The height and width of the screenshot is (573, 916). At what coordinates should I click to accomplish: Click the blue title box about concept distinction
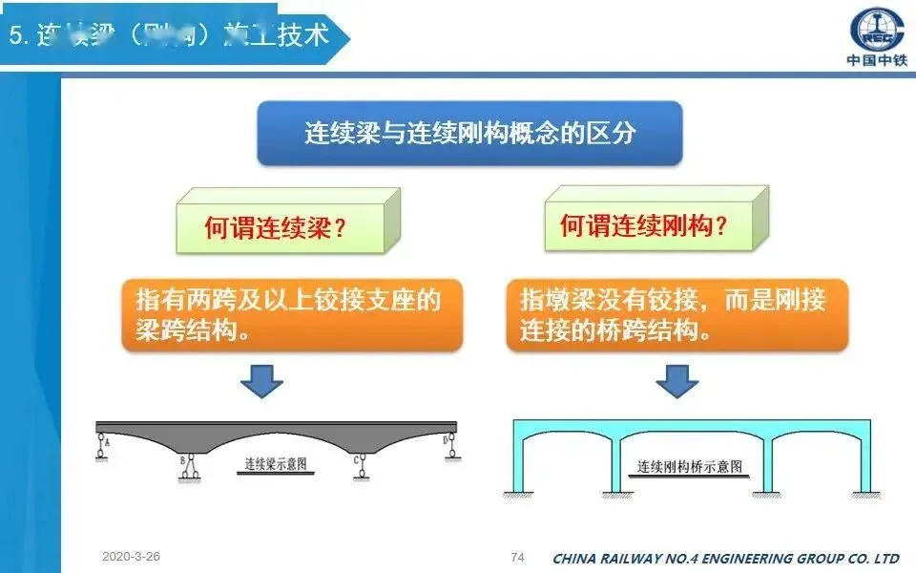(x=469, y=133)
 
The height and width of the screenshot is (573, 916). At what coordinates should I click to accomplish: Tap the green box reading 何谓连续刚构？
(x=644, y=226)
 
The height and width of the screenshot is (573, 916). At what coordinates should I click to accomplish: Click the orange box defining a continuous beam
(x=292, y=314)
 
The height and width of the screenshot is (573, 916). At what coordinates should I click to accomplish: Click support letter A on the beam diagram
(x=107, y=442)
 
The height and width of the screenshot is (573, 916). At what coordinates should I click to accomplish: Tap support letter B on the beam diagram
(x=182, y=461)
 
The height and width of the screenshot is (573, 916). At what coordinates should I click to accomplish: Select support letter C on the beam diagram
(x=355, y=460)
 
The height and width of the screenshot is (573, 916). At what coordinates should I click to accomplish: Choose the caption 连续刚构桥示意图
(x=690, y=468)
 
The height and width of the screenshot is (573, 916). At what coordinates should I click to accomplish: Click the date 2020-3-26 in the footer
(x=130, y=556)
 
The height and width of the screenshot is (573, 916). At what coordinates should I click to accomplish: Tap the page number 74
(x=518, y=557)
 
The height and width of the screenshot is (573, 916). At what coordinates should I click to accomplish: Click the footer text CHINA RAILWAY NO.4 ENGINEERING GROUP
(x=725, y=558)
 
